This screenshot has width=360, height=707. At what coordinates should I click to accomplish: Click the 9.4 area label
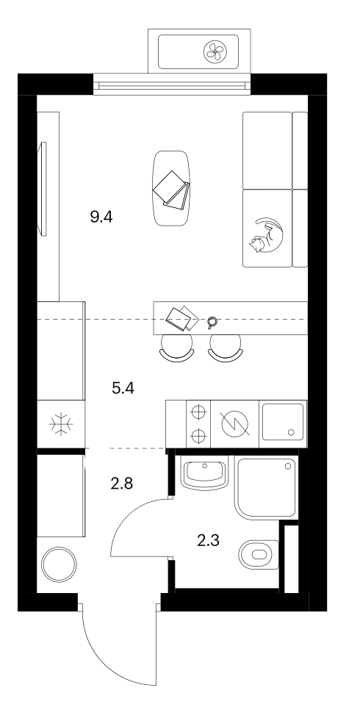click(x=101, y=218)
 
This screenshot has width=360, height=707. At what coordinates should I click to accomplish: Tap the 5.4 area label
click(x=123, y=388)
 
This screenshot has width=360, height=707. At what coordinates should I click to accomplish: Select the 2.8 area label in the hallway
click(x=122, y=484)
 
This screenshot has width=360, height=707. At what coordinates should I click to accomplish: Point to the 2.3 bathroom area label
click(x=208, y=539)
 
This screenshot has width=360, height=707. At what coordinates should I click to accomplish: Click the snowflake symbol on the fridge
click(x=61, y=424)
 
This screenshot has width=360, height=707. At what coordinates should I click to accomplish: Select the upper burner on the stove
click(x=198, y=412)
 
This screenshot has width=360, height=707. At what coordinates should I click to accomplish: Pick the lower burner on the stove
click(x=198, y=436)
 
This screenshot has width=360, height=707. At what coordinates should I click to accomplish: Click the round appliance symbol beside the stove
click(x=235, y=424)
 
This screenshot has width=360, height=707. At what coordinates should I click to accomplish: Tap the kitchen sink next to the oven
click(x=283, y=423)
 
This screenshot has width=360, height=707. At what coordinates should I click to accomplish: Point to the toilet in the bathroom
click(x=259, y=554)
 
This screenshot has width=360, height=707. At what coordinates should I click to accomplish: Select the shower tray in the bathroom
click(x=265, y=489)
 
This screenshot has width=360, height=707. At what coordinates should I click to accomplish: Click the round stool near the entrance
click(x=59, y=564)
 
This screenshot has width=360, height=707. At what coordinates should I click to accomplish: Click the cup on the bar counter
click(x=212, y=322)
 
